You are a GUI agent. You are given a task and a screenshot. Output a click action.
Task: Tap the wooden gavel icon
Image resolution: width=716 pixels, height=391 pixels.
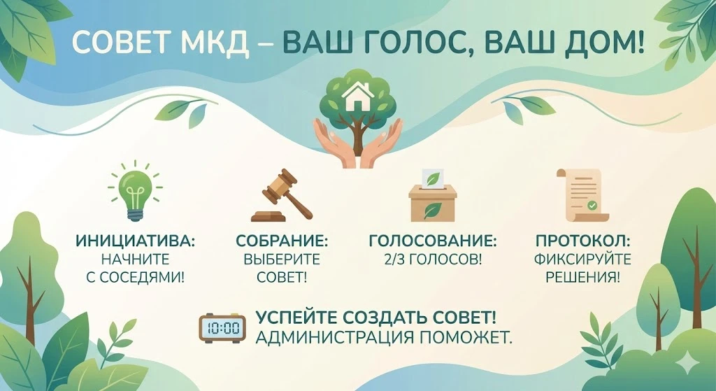coord(282,195)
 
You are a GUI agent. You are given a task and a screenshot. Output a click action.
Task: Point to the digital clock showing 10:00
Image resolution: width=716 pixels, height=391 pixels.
coord(222,327)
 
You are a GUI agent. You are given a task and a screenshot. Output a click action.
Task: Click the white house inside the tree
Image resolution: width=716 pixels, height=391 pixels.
coord(358,97)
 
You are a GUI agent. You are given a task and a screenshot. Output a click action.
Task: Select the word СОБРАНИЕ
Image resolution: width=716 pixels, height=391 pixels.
coord(282,240)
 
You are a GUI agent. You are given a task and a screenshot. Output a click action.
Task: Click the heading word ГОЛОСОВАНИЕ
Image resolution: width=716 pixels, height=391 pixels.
coord(432,240)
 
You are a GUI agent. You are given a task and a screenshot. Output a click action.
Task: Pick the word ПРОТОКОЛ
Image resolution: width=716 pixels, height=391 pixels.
coord(582,240)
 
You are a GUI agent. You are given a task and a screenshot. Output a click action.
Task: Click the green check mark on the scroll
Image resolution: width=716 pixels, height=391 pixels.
coord(592,205)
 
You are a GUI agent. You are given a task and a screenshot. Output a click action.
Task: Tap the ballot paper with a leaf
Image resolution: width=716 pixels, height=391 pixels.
coord(433,178)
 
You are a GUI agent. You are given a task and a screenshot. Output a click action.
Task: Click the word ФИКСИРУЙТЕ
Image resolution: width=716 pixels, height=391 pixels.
coord(582,260)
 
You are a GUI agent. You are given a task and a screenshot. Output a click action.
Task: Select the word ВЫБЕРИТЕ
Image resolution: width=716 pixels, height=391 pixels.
coord(282,260)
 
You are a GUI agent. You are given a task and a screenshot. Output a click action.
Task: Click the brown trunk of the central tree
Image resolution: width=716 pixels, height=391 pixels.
coord(357,139)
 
